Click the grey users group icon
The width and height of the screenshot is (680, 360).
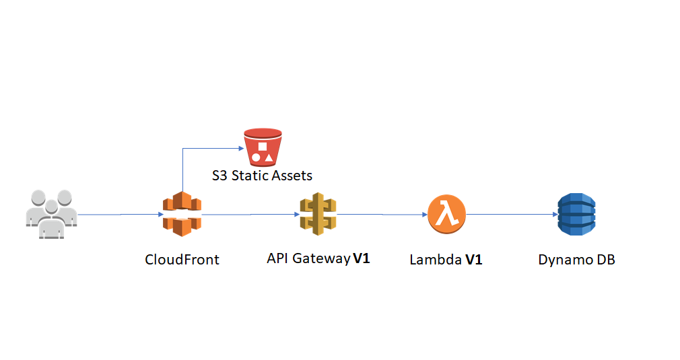pyautogui.click(x=51, y=214)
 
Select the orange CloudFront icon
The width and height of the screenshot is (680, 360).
pyautogui.click(x=182, y=214)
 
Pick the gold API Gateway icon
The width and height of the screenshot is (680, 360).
pyautogui.click(x=318, y=214)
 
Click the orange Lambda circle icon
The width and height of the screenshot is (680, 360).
pyautogui.click(x=446, y=214)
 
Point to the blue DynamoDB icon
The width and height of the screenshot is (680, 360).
pyautogui.click(x=576, y=214)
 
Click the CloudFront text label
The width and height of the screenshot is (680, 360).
pyautogui.click(x=182, y=260)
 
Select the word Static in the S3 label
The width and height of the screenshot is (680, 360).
pyautogui.click(x=250, y=176)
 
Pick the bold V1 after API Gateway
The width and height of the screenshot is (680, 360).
pyautogui.click(x=362, y=258)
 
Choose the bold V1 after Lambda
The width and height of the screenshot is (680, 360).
pyautogui.click(x=473, y=260)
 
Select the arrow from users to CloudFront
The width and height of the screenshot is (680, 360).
pyautogui.click(x=120, y=215)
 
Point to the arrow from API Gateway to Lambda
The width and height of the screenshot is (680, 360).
pyautogui.click(x=382, y=215)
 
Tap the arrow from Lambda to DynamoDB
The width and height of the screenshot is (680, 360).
pyautogui.click(x=512, y=215)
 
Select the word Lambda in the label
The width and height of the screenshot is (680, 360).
pyautogui.click(x=434, y=260)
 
